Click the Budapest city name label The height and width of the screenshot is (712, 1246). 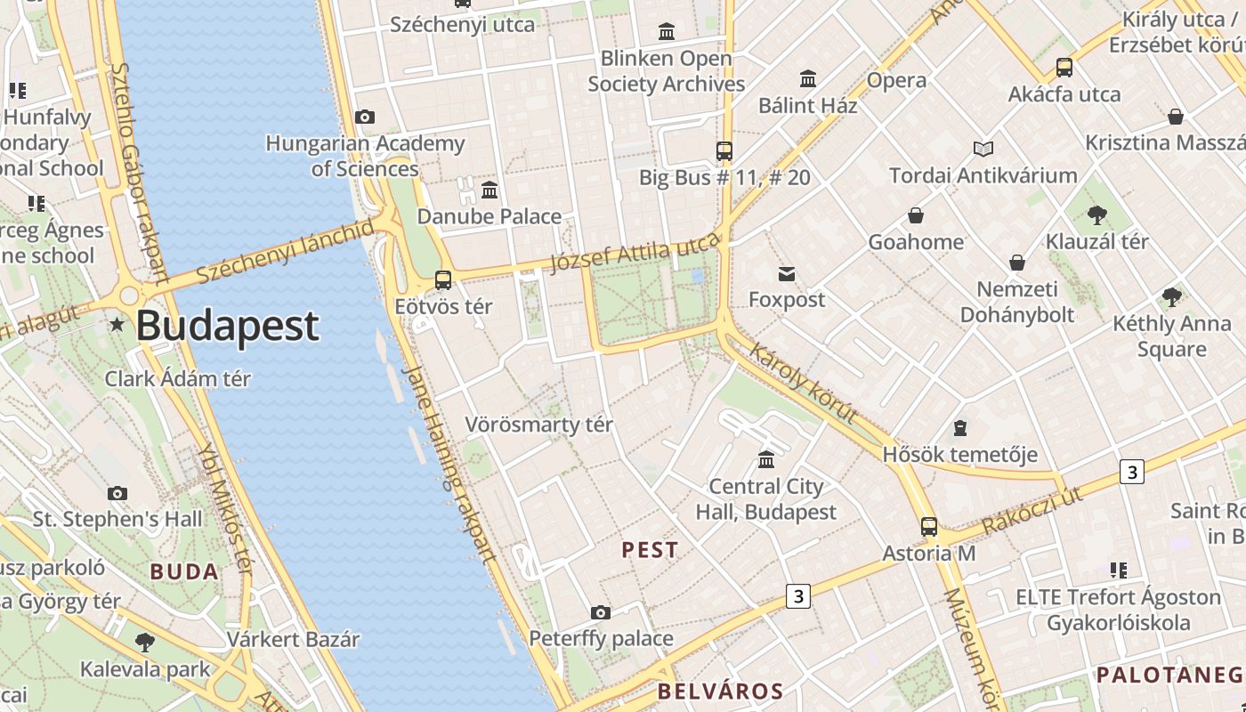[x=227, y=326]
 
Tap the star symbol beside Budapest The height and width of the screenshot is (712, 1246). [x=117, y=324]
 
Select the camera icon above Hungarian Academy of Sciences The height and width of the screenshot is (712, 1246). [x=364, y=117]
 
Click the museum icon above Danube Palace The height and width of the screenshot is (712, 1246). [x=489, y=190]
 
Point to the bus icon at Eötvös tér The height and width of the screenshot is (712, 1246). [x=443, y=280]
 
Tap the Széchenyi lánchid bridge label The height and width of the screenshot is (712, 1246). [x=285, y=253]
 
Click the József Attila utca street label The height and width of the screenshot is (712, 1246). [x=635, y=253]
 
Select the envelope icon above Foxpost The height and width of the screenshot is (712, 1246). [x=787, y=273]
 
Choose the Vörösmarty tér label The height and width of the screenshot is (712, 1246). [x=539, y=425]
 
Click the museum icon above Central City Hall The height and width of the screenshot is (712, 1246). [x=766, y=459]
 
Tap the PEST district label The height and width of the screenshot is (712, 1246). [x=650, y=550]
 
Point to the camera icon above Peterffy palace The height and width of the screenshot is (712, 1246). [x=601, y=612]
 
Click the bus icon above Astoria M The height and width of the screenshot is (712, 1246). [x=929, y=527]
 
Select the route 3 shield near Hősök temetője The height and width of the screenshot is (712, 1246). [x=1131, y=471]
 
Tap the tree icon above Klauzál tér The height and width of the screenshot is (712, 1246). [x=1096, y=214]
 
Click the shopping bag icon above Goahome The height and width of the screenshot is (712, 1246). [x=915, y=215]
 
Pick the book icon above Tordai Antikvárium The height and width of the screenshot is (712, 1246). [x=983, y=149]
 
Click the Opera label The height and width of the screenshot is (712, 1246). [x=896, y=80]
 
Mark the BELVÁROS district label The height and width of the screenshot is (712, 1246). [x=720, y=691]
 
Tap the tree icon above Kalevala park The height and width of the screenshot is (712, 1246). [x=145, y=642]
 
